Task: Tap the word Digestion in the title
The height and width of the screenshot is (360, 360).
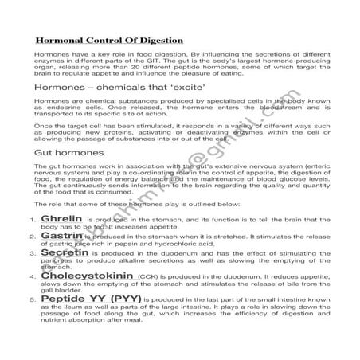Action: [158, 39]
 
